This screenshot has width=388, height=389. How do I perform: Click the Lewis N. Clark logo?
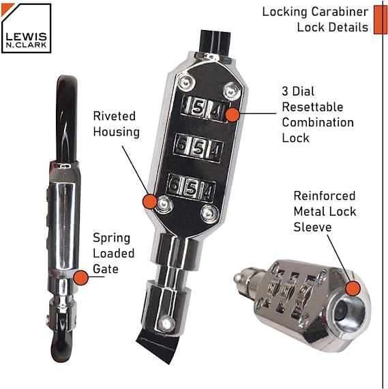point(26,28)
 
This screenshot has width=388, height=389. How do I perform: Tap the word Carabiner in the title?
point(340,12)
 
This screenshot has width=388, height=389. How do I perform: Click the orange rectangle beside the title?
point(380,20)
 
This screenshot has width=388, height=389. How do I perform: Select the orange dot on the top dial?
point(233,115)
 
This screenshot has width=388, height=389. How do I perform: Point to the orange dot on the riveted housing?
point(150,201)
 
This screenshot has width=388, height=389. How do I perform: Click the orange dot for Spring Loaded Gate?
point(81,278)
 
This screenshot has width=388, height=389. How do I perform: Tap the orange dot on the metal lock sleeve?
point(353,288)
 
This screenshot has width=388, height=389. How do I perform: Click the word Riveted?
point(115,116)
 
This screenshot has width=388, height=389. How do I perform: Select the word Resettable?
point(312,107)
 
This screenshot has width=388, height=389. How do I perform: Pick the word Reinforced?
point(325,196)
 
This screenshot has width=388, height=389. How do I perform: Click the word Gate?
point(106,269)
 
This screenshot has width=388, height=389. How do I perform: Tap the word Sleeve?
point(312,227)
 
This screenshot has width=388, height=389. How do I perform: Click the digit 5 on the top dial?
point(198,108)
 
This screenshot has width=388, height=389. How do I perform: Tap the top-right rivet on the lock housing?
point(232,90)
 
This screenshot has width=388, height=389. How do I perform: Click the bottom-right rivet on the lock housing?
point(209,213)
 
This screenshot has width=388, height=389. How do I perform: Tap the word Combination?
point(318,123)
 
